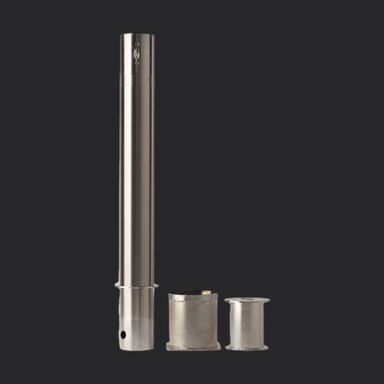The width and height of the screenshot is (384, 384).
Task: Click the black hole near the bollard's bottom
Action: click(x=123, y=335)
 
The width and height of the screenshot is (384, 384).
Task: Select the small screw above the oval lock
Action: click(x=138, y=44)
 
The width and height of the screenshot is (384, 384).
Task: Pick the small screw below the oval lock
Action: click(x=138, y=63)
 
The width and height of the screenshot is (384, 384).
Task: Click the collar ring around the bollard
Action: click(x=137, y=285)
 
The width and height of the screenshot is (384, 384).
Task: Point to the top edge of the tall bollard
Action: click(x=137, y=34)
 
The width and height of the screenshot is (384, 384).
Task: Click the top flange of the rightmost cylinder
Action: click(x=247, y=300)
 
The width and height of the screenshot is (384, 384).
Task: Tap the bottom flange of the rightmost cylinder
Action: click(x=247, y=347)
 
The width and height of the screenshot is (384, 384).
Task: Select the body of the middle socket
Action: click(x=193, y=320)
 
